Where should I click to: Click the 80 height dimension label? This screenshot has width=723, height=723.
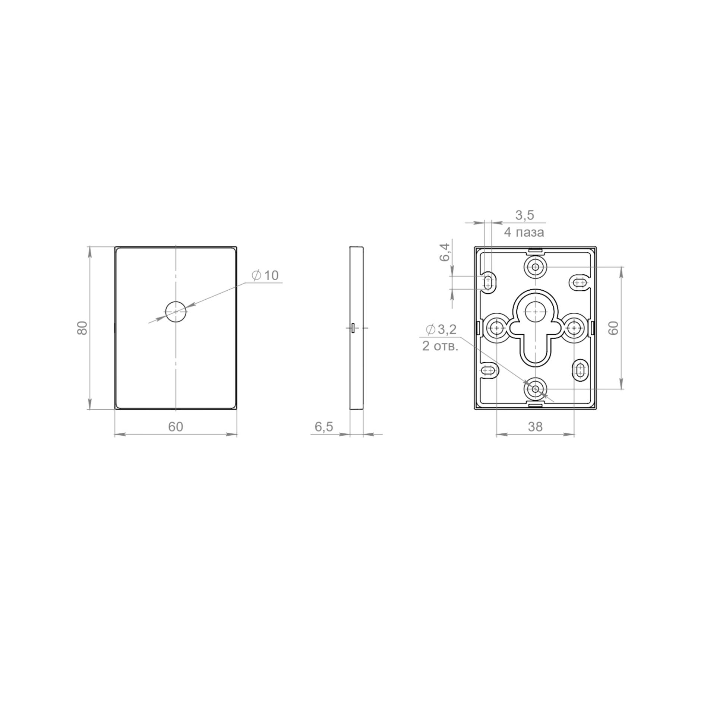(82, 328)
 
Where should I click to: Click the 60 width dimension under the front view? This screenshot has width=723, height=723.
(176, 427)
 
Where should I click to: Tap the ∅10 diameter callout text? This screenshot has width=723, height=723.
(265, 275)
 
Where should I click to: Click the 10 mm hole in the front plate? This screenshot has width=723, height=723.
(176, 311)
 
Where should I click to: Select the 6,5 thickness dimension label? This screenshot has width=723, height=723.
(324, 427)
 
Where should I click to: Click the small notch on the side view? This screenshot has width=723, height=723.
(353, 328)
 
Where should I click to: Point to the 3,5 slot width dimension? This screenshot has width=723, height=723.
(525, 215)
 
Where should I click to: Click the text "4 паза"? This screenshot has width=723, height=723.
(524, 233)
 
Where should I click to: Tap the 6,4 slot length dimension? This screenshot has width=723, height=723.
(445, 252)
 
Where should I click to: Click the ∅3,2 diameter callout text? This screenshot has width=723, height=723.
(441, 329)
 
